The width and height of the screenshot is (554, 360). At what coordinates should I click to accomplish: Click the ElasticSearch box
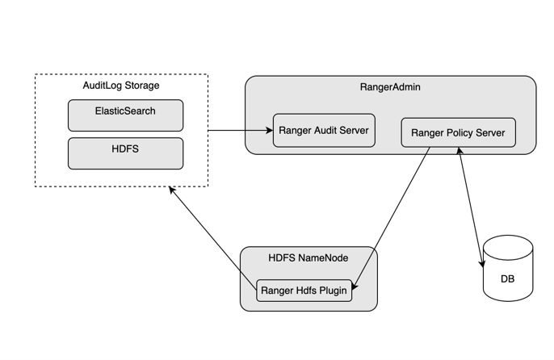tap(125, 115)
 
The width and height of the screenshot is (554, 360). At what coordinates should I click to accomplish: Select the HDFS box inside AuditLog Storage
tap(125, 153)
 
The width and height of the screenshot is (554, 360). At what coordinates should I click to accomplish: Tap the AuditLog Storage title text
tap(121, 86)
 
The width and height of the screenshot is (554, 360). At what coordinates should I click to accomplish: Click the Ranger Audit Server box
tap(324, 130)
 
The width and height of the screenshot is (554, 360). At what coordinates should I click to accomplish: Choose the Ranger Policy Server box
tap(458, 132)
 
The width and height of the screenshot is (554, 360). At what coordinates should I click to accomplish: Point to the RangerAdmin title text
tap(390, 87)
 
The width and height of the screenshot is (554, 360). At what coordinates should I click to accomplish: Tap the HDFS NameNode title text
tap(308, 258)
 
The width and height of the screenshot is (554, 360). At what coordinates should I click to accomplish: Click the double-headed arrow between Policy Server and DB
tap(471, 206)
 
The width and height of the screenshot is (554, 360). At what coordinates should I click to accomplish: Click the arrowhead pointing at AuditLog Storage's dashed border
tap(172, 190)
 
